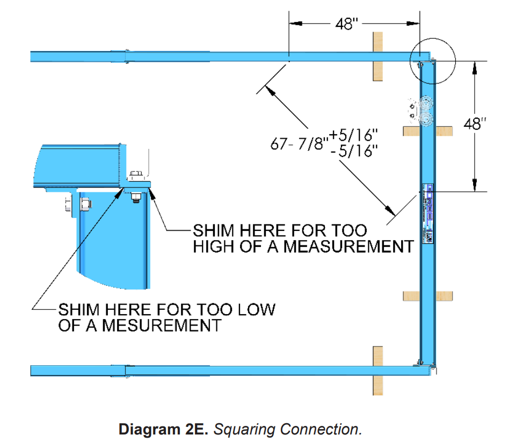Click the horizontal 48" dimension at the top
point(346,24)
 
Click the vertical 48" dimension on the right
point(474,124)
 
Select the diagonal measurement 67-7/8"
point(297,144)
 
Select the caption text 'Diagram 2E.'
point(163,430)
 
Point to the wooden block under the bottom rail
point(378,371)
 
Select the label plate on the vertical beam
point(428,213)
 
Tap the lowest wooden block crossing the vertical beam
point(428,295)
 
